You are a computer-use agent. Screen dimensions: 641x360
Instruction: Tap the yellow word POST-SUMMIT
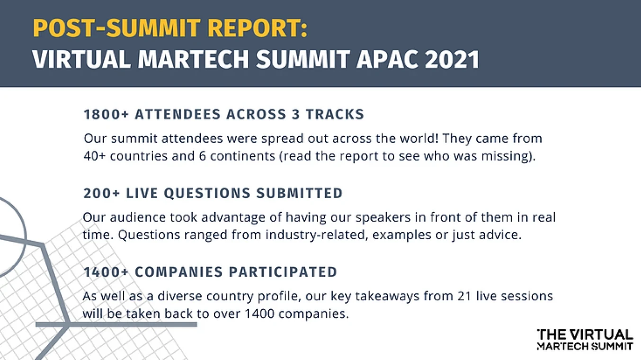(x=116, y=28)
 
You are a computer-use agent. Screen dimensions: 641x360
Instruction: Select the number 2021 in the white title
(x=452, y=59)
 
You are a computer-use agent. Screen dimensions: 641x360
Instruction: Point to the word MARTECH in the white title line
(x=194, y=59)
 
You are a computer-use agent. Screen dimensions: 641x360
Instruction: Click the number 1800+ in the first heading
(x=106, y=114)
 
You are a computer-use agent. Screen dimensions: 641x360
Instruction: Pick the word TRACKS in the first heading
(x=335, y=114)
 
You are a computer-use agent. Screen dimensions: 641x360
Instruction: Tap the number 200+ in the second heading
(x=101, y=193)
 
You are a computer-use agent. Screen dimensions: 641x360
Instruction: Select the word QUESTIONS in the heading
(x=207, y=193)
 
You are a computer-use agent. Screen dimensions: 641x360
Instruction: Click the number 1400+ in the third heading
(x=106, y=272)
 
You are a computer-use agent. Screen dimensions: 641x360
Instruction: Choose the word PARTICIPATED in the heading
(x=283, y=272)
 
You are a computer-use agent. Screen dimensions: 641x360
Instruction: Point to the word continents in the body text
(x=243, y=156)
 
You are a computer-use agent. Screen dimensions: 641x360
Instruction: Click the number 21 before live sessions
(x=464, y=296)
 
